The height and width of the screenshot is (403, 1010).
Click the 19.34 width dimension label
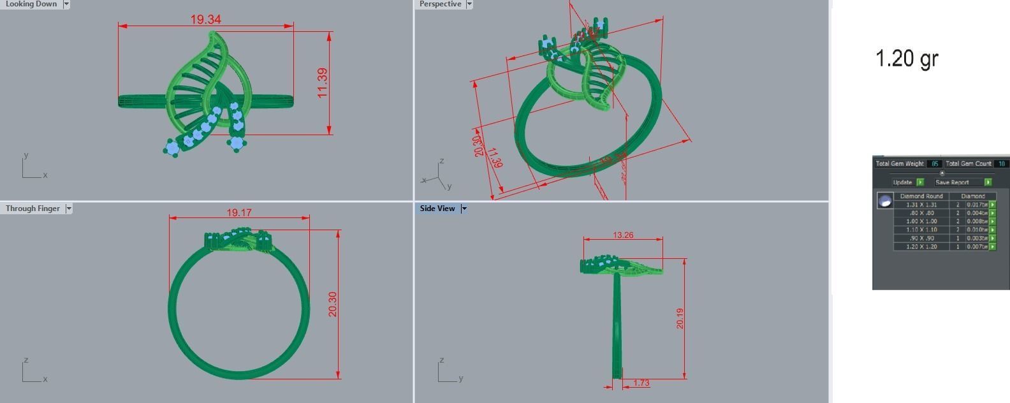pos(205,20)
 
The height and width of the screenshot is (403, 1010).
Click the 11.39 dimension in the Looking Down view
pos(323,83)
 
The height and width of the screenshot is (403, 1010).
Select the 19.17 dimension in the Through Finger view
pos(238,212)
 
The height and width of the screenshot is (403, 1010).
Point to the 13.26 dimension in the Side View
pos(623,235)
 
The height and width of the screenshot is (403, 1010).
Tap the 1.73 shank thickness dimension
pos(641,383)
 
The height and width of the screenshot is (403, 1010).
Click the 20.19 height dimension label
pos(680,318)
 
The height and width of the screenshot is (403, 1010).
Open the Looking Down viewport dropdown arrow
pos(66,4)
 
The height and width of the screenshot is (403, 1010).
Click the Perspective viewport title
pos(440,4)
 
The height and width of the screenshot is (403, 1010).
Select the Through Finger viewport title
pos(33,209)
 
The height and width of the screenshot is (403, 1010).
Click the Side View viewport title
pos(437,209)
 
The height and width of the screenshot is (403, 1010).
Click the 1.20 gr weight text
pos(906,59)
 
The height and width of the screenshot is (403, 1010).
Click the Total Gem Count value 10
pos(1001,164)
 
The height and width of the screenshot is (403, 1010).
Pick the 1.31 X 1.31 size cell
pos(921,205)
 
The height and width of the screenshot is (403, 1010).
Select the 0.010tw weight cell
pos(977,230)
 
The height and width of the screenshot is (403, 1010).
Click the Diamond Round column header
pos(921,196)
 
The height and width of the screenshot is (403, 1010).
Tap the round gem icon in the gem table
pos(884,201)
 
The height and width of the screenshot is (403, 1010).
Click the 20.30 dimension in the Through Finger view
pos(332,304)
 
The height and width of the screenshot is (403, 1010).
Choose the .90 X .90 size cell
pos(921,238)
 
